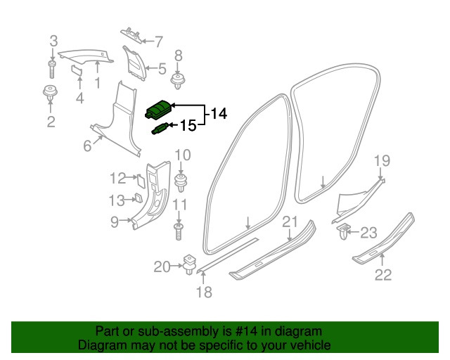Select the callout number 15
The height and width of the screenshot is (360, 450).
point(188,126)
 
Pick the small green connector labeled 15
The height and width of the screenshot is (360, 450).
point(159,128)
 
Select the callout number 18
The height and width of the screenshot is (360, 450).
point(203,292)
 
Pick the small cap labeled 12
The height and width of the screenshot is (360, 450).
point(140,179)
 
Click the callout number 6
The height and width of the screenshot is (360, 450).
point(87,146)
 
